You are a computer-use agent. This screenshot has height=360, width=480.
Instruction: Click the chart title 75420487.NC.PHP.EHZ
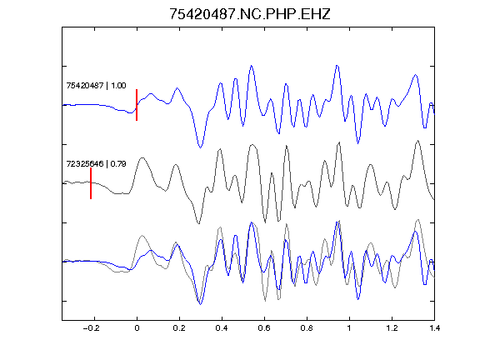click(250, 14)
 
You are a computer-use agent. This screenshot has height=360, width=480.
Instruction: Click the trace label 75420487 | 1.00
click(96, 85)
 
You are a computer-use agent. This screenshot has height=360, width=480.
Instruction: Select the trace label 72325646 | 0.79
click(96, 164)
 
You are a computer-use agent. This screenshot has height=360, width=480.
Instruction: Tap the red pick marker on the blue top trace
click(137, 105)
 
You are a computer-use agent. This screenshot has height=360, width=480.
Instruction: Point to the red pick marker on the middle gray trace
click(91, 183)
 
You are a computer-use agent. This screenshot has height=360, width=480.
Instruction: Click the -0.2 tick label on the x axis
click(91, 328)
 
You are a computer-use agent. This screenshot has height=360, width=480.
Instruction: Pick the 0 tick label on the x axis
click(137, 328)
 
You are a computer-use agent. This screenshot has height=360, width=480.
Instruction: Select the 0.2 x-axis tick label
click(179, 328)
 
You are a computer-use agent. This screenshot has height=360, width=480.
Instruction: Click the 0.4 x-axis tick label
click(222, 328)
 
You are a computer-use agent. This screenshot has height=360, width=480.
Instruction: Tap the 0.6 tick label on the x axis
click(264, 328)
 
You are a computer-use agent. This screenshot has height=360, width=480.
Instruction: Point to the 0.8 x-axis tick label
click(307, 328)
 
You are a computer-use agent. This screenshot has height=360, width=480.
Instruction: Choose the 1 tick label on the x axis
click(349, 328)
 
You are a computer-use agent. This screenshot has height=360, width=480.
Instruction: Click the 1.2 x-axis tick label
click(392, 328)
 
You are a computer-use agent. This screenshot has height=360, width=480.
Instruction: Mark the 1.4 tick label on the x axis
click(434, 328)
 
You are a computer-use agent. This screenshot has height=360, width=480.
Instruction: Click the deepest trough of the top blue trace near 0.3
click(200, 147)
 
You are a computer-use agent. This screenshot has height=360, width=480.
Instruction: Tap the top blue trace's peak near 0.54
click(252, 66)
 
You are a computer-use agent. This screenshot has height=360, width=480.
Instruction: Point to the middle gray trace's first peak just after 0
click(142, 158)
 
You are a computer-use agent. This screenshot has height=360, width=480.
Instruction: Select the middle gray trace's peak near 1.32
click(417, 141)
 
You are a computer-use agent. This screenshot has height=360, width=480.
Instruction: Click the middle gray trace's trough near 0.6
click(265, 222)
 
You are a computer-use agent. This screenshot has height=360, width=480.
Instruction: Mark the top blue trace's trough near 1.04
click(357, 143)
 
